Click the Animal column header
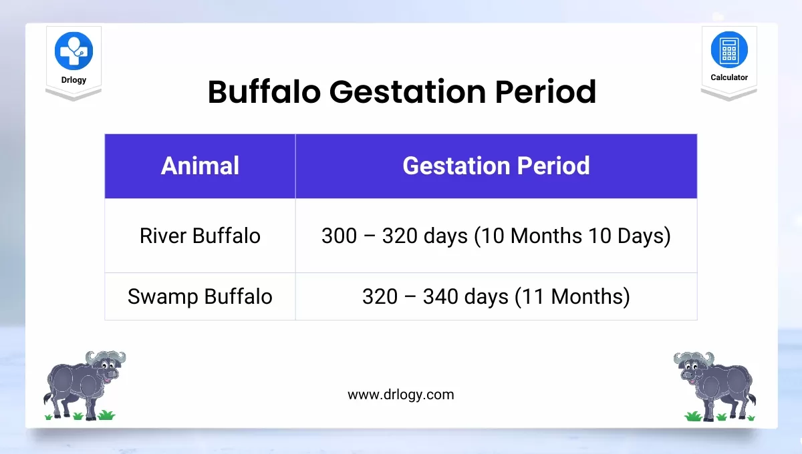coord(200,166)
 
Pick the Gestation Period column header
coord(496,166)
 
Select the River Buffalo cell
coord(200,236)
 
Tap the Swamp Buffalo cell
coord(200,296)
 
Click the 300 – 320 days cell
coord(394,236)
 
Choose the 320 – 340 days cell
coord(435,296)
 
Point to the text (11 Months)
coord(572,296)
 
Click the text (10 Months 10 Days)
coord(572,236)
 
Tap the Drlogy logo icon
coord(74,51)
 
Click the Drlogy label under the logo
coord(74,80)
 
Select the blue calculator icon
coord(728,50)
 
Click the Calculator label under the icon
coord(728,77)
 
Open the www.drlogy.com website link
coord(400,395)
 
